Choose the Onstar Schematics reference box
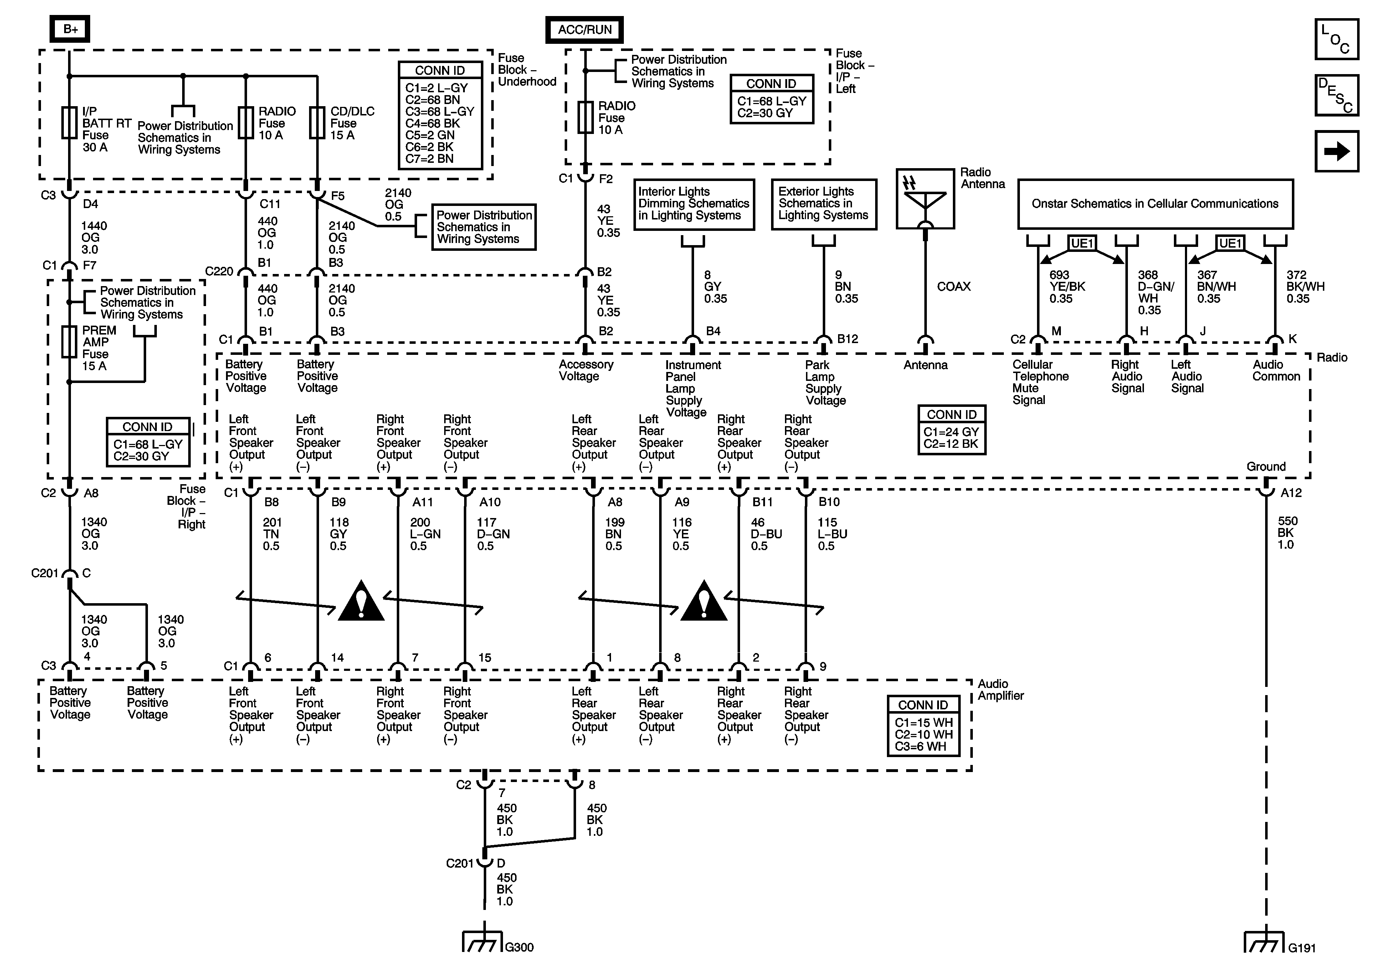[x=1155, y=204]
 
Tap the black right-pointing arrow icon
[x=1336, y=151]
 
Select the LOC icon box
[x=1336, y=39]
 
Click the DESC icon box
[x=1336, y=95]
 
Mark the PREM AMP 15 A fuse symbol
[x=69, y=342]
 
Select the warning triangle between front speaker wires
[x=361, y=601]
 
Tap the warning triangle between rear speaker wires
[x=704, y=601]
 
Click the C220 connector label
[x=219, y=271]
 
